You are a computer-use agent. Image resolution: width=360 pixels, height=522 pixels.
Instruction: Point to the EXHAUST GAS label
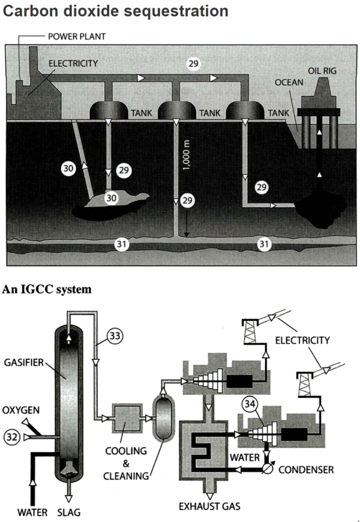[209, 506]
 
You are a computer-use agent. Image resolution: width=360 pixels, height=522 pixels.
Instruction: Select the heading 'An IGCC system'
[47, 290]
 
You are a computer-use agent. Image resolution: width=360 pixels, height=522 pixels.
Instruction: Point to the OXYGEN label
[21, 410]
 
